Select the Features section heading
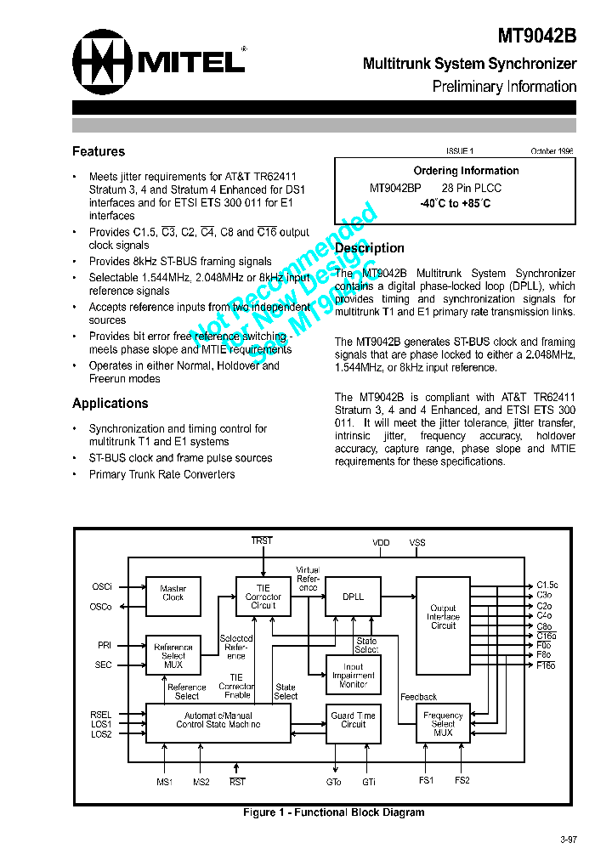point(99,151)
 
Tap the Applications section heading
point(110,403)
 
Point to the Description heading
point(370,248)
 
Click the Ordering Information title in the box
point(466,171)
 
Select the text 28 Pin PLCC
point(472,188)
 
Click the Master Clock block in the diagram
point(173,593)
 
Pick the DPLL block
point(353,597)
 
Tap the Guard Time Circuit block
point(353,720)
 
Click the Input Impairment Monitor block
point(353,676)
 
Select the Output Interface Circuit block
point(443,617)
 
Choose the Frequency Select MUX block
point(443,724)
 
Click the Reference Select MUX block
point(173,655)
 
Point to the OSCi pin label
point(102,587)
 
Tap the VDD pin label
point(382,542)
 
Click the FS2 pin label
point(462,780)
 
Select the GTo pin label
point(333,781)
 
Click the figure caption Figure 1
point(334,812)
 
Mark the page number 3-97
point(569,840)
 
